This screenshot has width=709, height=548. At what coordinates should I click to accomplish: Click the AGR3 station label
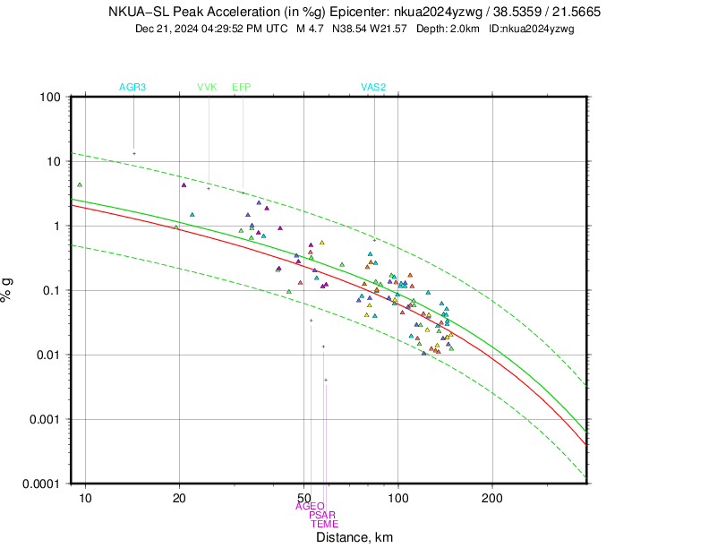132,87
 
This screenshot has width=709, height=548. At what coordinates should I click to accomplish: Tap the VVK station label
207,87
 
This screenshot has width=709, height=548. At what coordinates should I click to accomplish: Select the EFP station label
242,87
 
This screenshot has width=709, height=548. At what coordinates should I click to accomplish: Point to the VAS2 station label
373,87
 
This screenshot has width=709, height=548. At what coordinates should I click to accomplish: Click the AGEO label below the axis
310,506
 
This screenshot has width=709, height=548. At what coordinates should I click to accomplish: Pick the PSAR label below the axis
322,515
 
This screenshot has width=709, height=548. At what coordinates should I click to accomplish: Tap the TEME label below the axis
324,524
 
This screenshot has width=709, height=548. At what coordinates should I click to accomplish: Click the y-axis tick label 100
51,97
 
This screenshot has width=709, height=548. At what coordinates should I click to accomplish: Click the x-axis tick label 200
491,496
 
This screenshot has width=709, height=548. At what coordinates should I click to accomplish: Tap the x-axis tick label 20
179,496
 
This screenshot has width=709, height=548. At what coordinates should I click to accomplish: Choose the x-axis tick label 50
303,496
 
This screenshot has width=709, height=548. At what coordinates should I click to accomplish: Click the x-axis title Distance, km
354,537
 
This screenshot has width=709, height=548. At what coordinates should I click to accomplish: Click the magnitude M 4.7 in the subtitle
312,29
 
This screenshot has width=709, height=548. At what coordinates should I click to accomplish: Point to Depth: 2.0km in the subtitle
448,29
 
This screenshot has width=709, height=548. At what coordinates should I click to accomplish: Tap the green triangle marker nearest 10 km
80,184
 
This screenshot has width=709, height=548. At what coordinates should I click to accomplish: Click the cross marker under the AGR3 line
134,153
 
